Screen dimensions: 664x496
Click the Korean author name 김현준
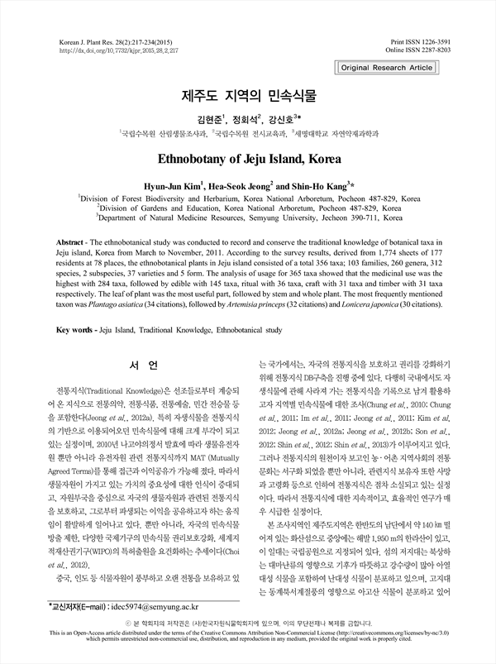tap(190, 116)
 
